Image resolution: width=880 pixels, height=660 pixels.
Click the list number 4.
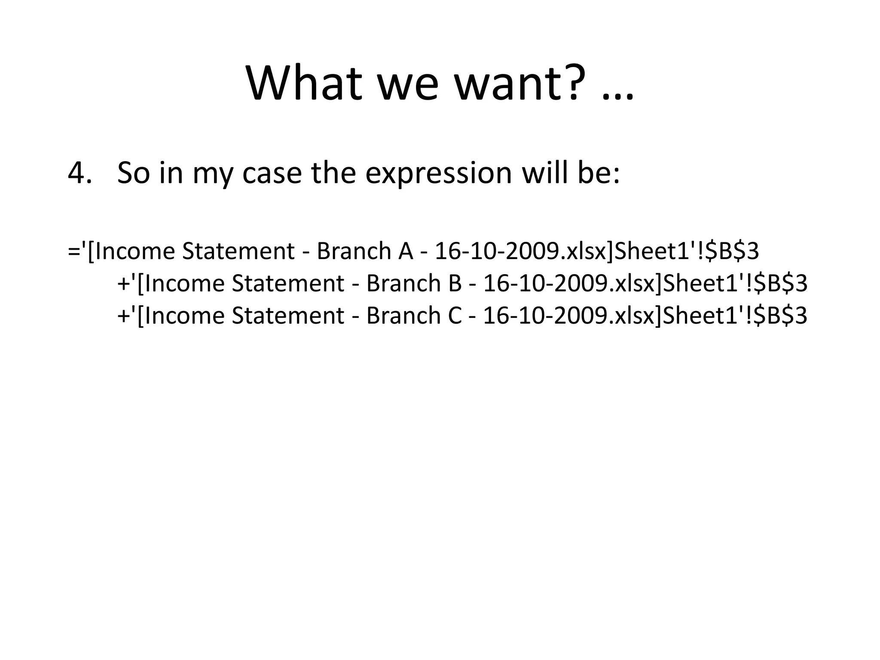coord(80,173)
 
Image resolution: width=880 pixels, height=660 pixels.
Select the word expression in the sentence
coord(438,174)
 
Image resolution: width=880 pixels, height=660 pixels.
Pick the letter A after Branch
coord(406,251)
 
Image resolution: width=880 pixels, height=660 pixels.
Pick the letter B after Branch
coord(455,284)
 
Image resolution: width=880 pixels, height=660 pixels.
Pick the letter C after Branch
coord(455,316)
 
